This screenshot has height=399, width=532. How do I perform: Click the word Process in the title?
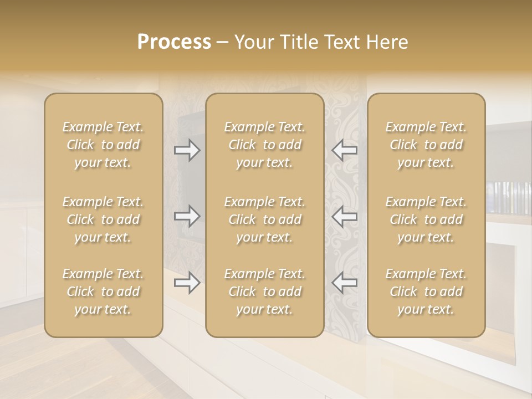click(x=174, y=42)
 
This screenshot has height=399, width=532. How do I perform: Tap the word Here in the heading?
click(x=387, y=42)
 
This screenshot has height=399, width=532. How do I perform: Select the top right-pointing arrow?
click(x=187, y=150)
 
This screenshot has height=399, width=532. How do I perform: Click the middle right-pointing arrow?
click(x=187, y=216)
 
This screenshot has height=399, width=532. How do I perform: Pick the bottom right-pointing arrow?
click(x=187, y=283)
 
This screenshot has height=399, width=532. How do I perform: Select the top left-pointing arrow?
click(x=344, y=150)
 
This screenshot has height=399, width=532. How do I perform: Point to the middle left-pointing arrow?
click(x=344, y=216)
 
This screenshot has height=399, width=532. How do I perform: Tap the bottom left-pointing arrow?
click(x=344, y=283)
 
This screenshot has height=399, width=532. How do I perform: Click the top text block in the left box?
click(x=103, y=145)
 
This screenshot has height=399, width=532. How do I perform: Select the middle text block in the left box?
click(x=103, y=219)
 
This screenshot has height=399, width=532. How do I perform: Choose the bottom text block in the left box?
click(x=103, y=291)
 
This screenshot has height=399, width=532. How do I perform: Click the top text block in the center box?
click(x=264, y=145)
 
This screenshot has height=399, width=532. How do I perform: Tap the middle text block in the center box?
click(x=264, y=219)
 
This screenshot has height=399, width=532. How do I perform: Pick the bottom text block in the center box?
click(x=264, y=291)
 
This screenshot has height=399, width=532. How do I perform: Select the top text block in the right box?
click(x=426, y=145)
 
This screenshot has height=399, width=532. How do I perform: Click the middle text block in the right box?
click(x=426, y=219)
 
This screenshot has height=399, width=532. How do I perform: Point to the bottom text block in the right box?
click(x=426, y=291)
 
